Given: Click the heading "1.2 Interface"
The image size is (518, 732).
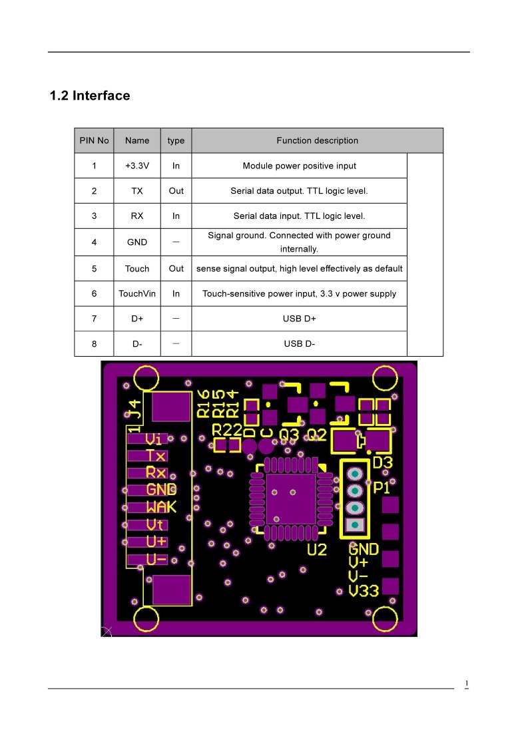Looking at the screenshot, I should coord(90,96).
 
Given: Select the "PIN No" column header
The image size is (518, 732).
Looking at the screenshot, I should coord(94,141).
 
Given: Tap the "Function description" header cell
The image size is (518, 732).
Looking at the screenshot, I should coord(317,141).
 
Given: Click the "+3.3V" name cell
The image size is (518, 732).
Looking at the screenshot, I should coord(137,166).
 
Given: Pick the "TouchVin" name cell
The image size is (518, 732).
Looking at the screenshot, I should coord(137,293).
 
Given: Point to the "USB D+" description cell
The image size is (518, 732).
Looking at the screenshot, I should coord(300,319).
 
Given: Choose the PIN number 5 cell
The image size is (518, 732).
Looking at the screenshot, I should coord(94,269).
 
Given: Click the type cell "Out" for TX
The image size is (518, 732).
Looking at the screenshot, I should coord(176,191).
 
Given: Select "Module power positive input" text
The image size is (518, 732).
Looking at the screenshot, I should coord(299,166).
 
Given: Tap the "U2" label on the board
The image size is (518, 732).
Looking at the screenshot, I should coord(317,550).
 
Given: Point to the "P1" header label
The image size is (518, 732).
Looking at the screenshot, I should coord(382,488).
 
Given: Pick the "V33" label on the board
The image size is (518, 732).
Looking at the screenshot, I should coord(364,591).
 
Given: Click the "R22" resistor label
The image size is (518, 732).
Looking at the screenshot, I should coord(227,430).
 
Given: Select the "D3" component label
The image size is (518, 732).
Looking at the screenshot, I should coord(382,462).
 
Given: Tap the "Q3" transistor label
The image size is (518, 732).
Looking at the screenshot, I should coord(289,435).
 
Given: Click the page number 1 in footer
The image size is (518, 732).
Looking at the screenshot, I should coord(466,684).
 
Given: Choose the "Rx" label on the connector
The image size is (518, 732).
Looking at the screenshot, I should coord(156,472).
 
